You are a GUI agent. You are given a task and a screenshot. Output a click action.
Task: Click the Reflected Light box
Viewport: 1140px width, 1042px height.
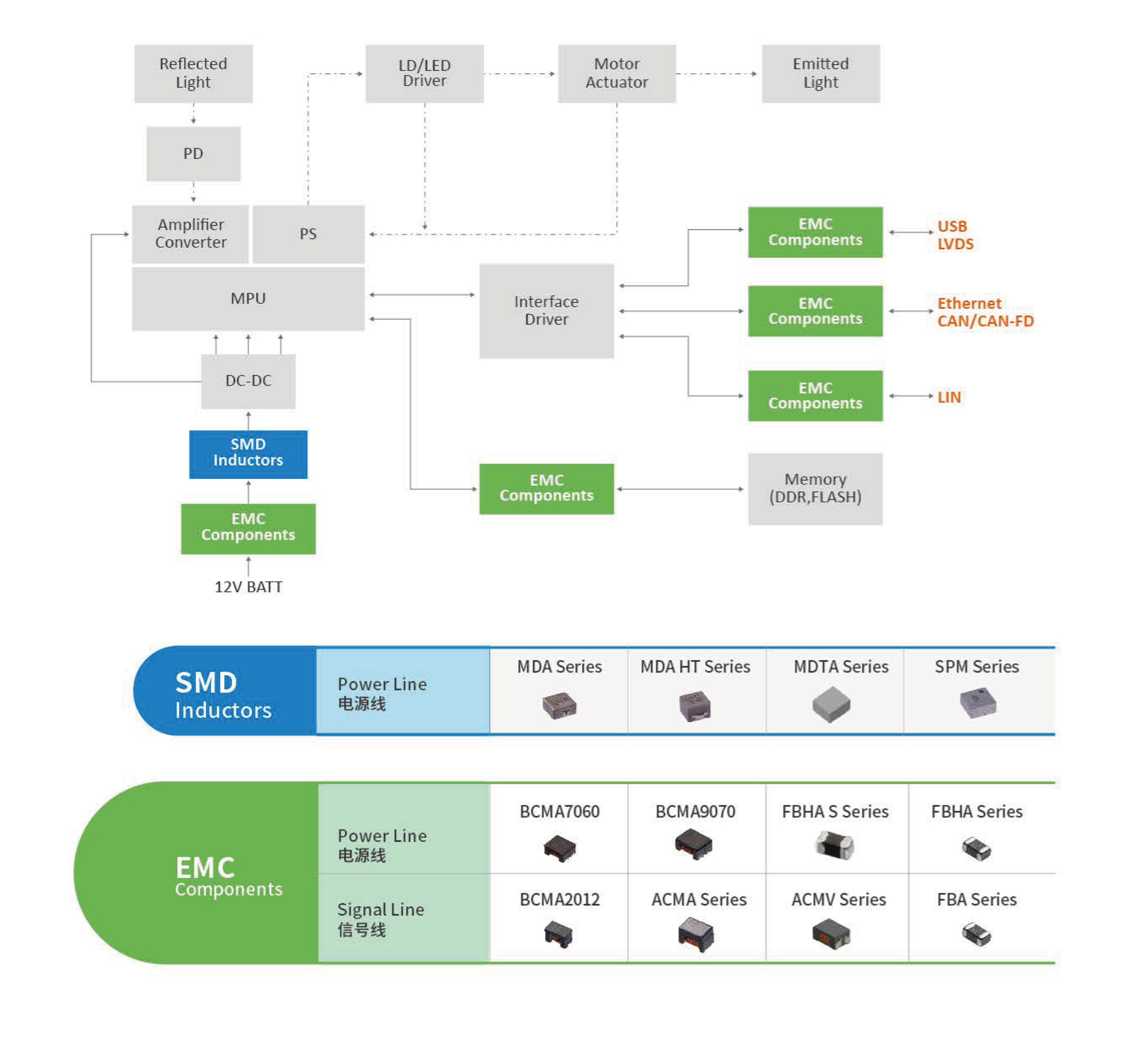click(193, 73)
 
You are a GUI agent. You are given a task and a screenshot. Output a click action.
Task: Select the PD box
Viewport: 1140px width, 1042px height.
click(193, 154)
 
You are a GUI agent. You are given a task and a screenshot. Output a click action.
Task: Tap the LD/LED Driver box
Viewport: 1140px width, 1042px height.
click(425, 73)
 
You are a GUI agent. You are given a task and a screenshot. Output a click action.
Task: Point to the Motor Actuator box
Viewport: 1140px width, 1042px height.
click(617, 73)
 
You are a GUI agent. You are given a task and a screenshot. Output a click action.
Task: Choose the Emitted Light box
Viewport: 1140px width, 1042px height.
click(821, 73)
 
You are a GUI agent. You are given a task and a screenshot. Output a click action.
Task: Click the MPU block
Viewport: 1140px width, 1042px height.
click(248, 298)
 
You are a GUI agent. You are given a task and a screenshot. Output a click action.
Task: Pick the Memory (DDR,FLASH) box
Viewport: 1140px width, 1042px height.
click(815, 489)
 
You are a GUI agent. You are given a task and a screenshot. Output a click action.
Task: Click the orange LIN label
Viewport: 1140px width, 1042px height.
click(949, 398)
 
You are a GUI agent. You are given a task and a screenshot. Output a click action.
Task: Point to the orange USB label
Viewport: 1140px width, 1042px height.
click(952, 226)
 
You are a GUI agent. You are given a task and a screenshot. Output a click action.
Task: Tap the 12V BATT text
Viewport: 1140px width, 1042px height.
click(248, 587)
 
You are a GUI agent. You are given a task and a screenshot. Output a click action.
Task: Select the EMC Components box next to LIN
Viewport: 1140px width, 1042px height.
click(815, 396)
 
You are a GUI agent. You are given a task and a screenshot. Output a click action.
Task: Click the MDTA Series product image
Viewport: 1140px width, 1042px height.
click(831, 704)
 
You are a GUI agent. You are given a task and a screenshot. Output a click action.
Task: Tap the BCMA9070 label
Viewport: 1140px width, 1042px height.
click(696, 812)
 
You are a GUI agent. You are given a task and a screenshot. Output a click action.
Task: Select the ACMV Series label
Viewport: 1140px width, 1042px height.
click(839, 900)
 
